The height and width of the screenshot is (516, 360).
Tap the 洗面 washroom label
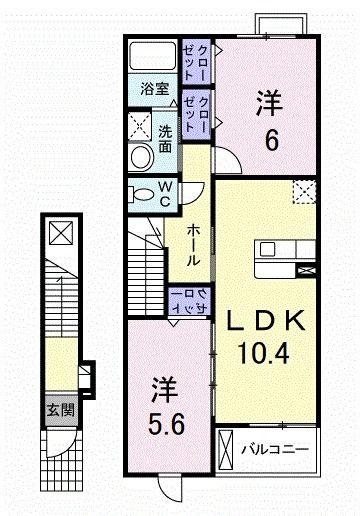166,139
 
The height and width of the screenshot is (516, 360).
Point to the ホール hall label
194,243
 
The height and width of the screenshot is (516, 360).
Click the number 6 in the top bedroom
270,138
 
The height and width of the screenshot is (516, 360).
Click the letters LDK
262,321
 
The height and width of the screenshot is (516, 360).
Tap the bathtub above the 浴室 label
153,57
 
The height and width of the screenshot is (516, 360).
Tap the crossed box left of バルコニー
226,447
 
